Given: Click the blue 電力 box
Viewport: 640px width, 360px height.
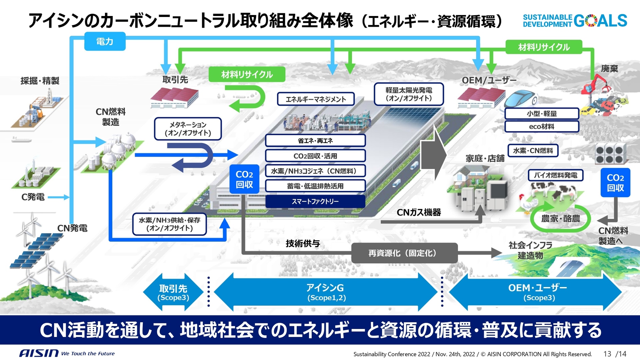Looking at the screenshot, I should click(x=105, y=41).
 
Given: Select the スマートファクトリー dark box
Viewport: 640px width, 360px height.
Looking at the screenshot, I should click(x=315, y=201).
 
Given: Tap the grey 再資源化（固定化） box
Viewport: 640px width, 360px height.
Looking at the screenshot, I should click(x=404, y=253).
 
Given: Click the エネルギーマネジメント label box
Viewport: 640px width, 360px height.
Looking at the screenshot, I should click(x=315, y=99).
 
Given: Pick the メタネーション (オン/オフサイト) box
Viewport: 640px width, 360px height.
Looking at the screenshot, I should click(x=188, y=129).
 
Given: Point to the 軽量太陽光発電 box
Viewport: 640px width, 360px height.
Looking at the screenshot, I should click(x=409, y=94).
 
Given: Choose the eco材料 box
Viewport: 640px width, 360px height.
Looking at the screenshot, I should click(x=541, y=126).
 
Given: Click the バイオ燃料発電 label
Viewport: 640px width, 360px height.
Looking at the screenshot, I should click(x=555, y=175).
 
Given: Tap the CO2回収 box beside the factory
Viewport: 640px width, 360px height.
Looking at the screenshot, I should click(x=244, y=179).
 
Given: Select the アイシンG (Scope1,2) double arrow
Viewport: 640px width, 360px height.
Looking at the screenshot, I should click(x=325, y=292).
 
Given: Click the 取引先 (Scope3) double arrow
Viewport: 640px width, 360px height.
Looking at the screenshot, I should click(x=173, y=292).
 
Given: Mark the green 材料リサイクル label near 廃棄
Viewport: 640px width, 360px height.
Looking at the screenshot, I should click(x=544, y=47).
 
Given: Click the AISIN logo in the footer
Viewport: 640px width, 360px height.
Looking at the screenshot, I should click(x=39, y=353).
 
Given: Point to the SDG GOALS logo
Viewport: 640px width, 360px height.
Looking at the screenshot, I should click(x=575, y=21).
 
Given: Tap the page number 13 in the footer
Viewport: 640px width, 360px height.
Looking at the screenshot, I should click(x=607, y=354).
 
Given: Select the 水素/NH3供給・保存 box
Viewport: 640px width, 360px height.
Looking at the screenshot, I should click(x=169, y=224).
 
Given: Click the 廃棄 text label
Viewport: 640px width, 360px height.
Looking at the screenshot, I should click(x=609, y=69).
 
